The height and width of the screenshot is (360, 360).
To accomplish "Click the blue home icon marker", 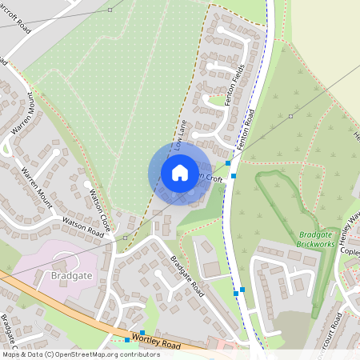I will pos(180,172).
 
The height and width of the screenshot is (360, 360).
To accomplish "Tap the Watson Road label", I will pos(84,228).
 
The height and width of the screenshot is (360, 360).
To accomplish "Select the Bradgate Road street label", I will pos(186,277).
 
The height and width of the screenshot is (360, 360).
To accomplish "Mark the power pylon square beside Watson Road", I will pos(125,238).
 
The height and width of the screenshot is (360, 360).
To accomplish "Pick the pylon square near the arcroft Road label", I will pos(110,10).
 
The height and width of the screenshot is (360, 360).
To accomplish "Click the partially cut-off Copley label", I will pos(350,251).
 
